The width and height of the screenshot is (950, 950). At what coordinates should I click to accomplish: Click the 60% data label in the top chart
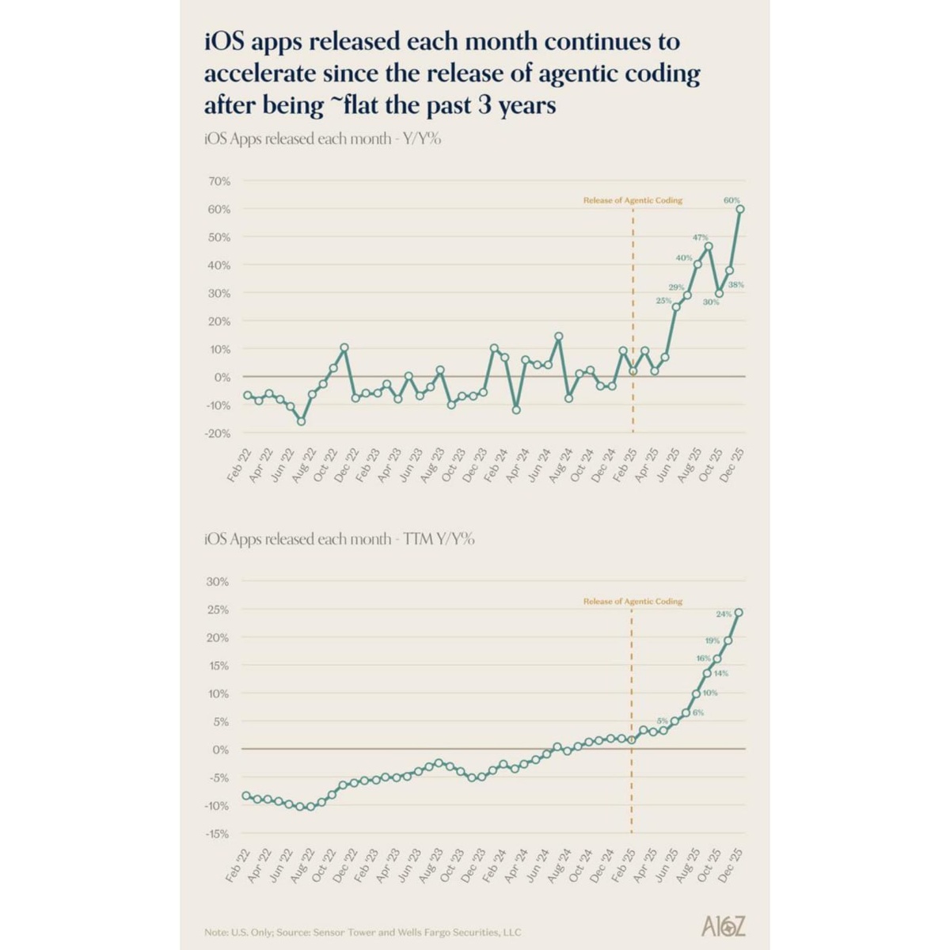731,201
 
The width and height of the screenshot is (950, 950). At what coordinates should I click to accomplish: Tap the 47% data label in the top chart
700,237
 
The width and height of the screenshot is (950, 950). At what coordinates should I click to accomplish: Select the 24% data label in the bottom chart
724,614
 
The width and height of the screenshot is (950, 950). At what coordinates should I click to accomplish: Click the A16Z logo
724,926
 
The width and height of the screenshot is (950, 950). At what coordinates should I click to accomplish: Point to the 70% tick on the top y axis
219,181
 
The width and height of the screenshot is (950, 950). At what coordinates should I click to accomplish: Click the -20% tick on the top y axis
218,434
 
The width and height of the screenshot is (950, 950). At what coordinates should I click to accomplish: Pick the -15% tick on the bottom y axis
218,834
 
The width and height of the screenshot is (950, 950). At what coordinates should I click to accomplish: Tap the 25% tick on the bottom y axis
218,610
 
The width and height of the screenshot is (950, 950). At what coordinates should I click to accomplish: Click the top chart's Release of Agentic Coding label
633,201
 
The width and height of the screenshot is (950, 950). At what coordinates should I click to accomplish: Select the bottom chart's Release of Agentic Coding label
633,602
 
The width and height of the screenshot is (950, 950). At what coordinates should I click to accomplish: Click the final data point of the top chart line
740,209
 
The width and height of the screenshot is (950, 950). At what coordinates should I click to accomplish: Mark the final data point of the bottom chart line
739,612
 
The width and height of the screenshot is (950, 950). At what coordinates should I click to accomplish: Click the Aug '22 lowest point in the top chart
301,421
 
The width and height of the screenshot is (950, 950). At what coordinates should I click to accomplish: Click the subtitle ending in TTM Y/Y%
340,539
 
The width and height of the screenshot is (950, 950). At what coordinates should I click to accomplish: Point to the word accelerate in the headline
260,74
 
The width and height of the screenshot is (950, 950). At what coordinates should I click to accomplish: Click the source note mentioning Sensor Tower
363,932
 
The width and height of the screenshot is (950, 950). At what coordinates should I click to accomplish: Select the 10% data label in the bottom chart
710,693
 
